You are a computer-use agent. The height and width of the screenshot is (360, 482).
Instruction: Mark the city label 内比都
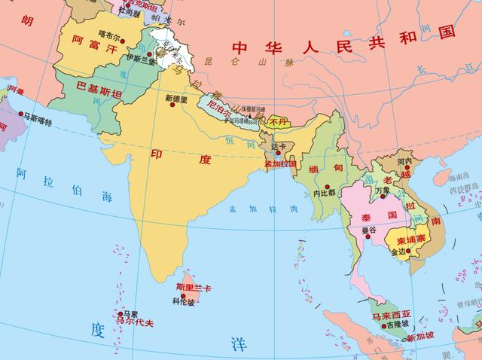(x=324, y=194)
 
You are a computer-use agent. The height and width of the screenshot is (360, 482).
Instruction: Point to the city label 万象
(x=381, y=191)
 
